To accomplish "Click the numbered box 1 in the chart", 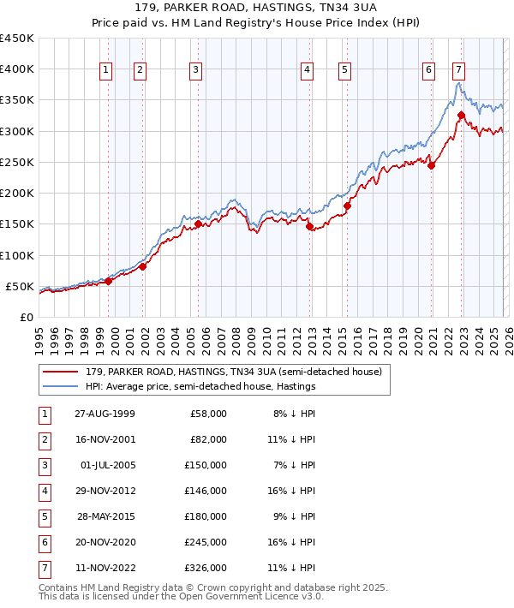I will (105, 70).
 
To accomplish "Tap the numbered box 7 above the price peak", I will (458, 70).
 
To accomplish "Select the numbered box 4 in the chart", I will (307, 70).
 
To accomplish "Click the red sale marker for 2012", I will (310, 226).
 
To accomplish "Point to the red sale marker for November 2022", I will (461, 115).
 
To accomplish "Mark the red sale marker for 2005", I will (198, 224).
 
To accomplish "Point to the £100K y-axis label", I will (17, 255).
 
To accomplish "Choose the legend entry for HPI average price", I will (200, 386).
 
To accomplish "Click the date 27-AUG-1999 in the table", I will (104, 413).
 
